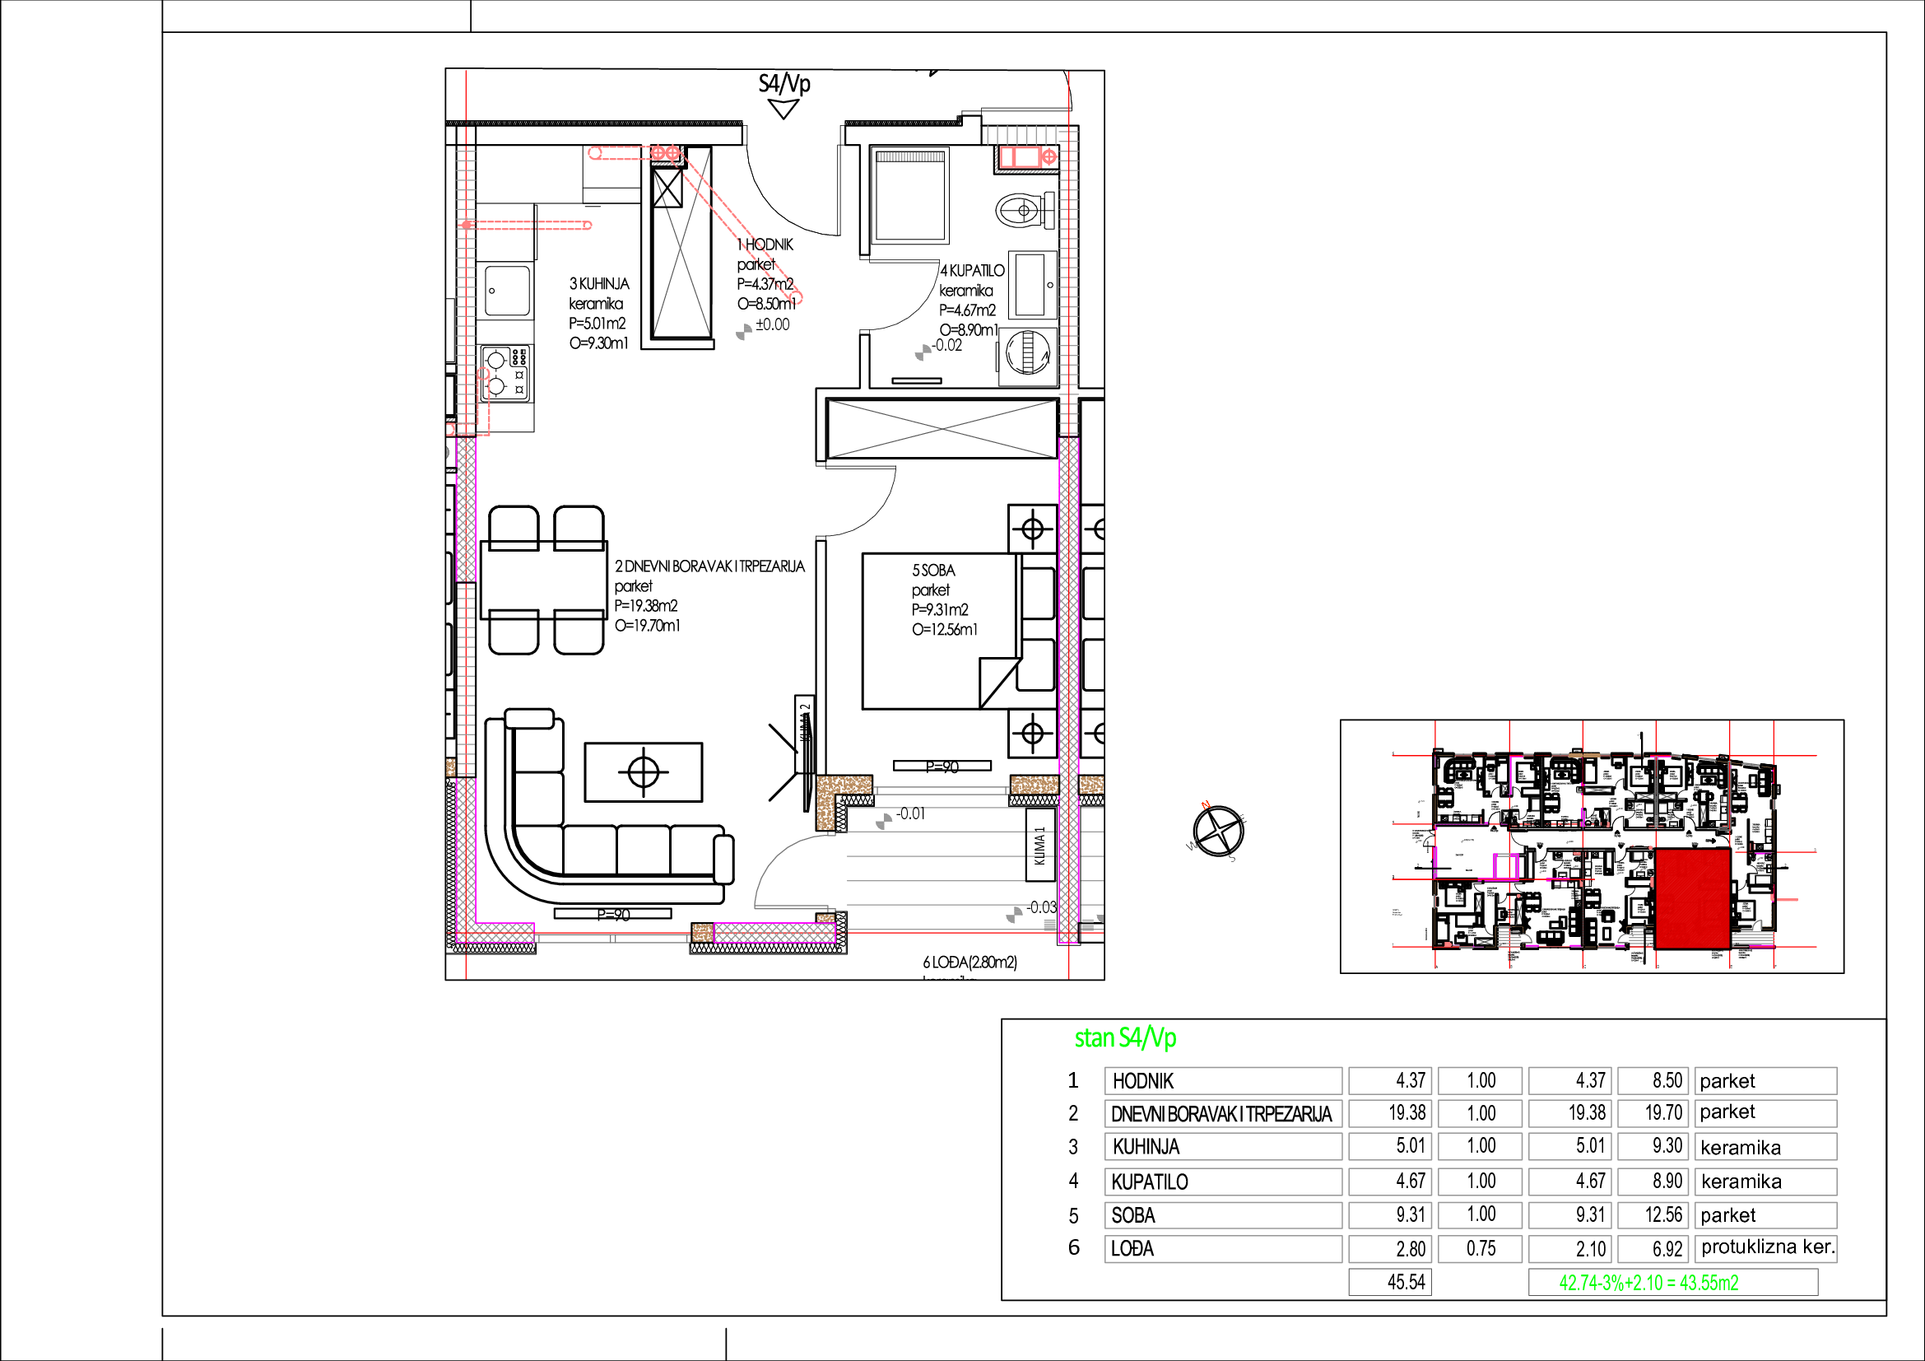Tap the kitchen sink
(x=507, y=290)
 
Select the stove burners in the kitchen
(x=505, y=372)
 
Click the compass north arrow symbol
(x=1217, y=831)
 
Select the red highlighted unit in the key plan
(x=1693, y=898)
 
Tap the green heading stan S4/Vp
(x=1125, y=1038)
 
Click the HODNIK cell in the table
(x=1222, y=1081)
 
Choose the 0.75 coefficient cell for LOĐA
(x=1480, y=1249)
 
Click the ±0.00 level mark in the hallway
(x=771, y=324)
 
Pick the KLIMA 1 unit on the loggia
(x=1039, y=846)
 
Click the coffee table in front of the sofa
(x=643, y=771)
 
